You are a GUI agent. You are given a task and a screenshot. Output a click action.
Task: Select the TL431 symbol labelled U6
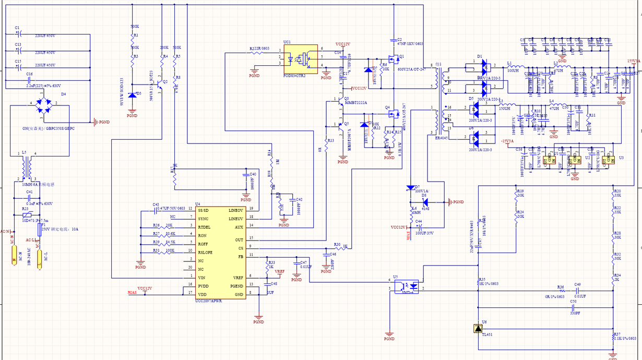(x=477, y=329)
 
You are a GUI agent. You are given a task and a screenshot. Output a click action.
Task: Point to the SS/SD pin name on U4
(x=204, y=210)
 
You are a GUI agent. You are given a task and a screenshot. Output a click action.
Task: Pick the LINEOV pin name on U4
(x=235, y=210)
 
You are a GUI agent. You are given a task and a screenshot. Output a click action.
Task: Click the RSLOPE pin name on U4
(x=206, y=252)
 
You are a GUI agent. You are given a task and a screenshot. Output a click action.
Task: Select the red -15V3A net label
(x=507, y=141)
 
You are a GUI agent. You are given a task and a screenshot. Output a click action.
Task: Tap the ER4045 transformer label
(x=442, y=138)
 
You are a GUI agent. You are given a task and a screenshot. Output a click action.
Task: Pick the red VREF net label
(x=280, y=272)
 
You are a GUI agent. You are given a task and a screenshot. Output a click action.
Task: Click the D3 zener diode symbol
(x=132, y=94)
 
